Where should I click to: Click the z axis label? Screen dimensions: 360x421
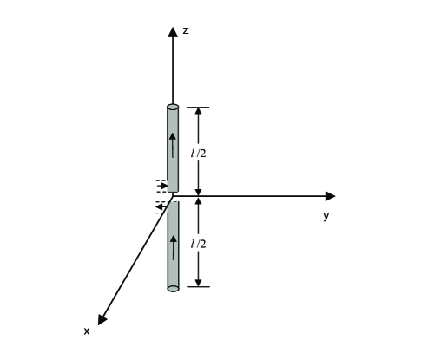point(186,30)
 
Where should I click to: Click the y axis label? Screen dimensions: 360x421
point(326,216)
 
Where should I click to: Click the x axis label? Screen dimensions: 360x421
point(86,331)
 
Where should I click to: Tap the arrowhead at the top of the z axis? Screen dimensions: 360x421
point(173,32)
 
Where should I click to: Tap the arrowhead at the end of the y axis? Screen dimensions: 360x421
point(330,196)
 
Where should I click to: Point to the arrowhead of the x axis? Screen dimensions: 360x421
point(102,319)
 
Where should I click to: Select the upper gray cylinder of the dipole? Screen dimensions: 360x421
point(173,148)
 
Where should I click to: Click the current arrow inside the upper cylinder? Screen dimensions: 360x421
point(173,144)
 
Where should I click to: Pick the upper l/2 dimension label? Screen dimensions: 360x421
point(199,153)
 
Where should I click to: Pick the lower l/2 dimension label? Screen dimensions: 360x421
point(199,244)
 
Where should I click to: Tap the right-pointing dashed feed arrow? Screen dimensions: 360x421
point(162,186)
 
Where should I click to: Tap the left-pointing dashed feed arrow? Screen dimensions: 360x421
point(161,206)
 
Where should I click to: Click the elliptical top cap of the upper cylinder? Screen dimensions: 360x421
point(173,107)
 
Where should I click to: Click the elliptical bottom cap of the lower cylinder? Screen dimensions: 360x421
point(173,288)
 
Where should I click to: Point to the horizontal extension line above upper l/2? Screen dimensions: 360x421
point(199,107)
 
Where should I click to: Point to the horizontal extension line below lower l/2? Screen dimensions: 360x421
point(199,287)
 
